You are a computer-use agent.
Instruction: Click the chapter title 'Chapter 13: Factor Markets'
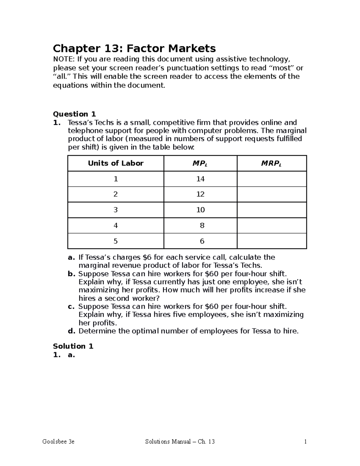pyautogui.click(x=134, y=48)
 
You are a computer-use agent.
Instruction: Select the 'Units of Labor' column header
pyautogui.click(x=115, y=163)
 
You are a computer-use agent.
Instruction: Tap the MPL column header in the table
pyautogui.click(x=200, y=164)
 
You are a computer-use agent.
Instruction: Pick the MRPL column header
pyautogui.click(x=271, y=164)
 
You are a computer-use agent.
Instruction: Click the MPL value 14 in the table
pyautogui.click(x=200, y=179)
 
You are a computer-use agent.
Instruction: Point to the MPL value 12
pyautogui.click(x=200, y=194)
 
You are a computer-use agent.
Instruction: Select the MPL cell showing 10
pyautogui.click(x=200, y=210)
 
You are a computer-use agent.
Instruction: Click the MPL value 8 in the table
pyautogui.click(x=202, y=225)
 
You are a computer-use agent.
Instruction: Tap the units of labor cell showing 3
pyautogui.click(x=115, y=210)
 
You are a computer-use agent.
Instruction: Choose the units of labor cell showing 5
pyautogui.click(x=115, y=241)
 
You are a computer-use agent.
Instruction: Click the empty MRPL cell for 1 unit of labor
pyautogui.click(x=271, y=179)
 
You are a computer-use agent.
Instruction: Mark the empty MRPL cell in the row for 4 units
pyautogui.click(x=271, y=225)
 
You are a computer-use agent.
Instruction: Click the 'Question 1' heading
pyautogui.click(x=74, y=114)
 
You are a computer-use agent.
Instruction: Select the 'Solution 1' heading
pyautogui.click(x=73, y=346)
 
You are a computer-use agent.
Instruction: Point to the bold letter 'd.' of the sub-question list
pyautogui.click(x=71, y=331)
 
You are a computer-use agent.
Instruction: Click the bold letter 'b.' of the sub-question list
pyautogui.click(x=71, y=274)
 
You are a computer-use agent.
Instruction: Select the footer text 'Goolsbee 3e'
pyautogui.click(x=58, y=442)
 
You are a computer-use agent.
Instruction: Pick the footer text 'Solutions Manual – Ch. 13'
pyautogui.click(x=180, y=442)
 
